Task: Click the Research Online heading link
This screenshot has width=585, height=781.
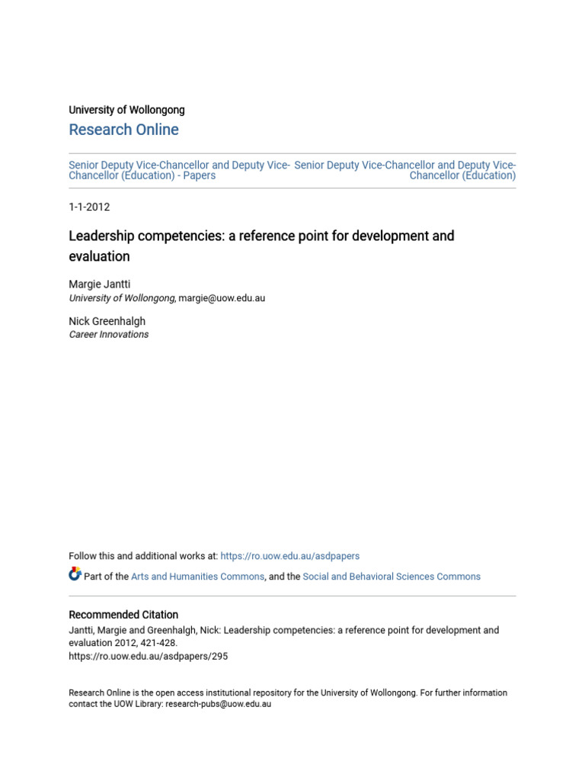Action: click(123, 130)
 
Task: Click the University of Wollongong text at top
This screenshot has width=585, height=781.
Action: click(126, 110)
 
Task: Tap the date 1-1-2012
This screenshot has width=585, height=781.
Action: click(89, 207)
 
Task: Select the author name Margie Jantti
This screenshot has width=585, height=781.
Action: click(99, 284)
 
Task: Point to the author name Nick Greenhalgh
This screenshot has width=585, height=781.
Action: click(107, 321)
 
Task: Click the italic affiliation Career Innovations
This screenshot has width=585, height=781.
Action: click(108, 334)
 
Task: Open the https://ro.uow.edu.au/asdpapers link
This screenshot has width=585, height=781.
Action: click(289, 556)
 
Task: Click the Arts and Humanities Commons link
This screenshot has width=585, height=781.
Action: click(197, 577)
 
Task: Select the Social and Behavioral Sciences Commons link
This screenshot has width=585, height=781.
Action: click(392, 577)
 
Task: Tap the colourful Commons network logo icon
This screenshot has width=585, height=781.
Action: click(75, 574)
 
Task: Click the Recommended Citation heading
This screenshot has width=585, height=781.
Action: click(123, 615)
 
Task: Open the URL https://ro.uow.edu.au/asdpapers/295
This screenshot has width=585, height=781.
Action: click(148, 656)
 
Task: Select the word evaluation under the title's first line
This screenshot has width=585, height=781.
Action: click(99, 256)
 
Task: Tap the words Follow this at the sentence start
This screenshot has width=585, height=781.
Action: click(89, 556)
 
